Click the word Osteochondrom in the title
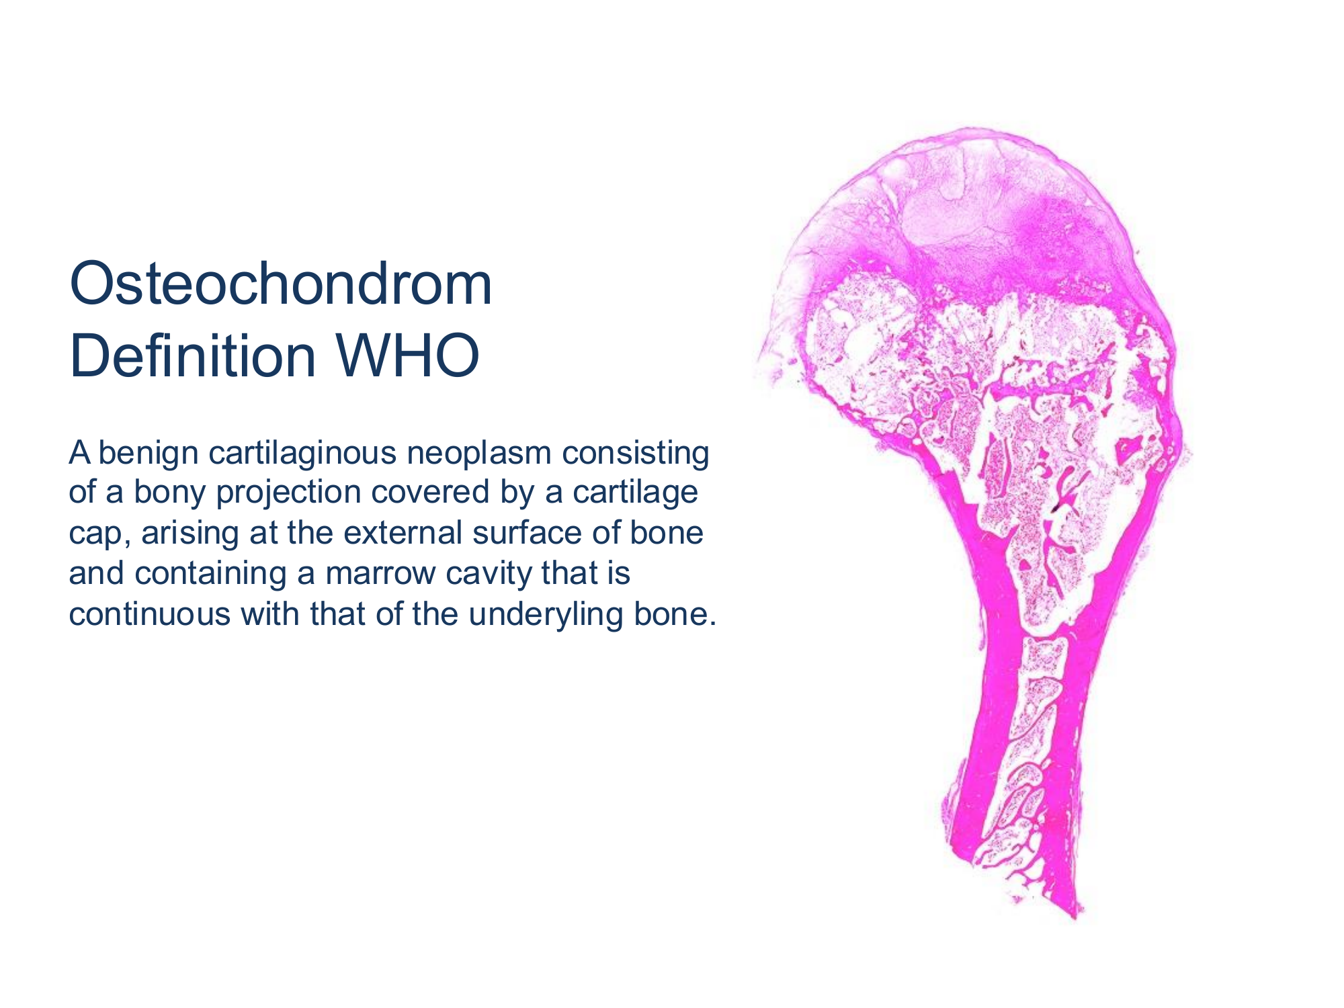click(281, 284)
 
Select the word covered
click(430, 493)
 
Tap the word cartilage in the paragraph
click(634, 494)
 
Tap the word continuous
click(150, 614)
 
